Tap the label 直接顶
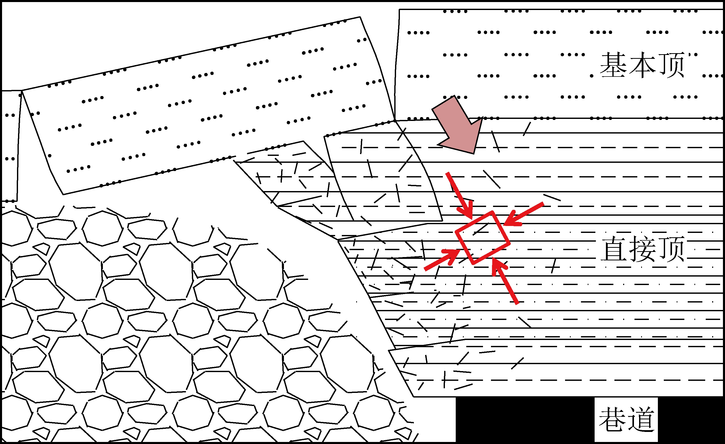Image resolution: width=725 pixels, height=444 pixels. click(x=643, y=249)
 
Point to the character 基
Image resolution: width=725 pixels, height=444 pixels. click(x=613, y=65)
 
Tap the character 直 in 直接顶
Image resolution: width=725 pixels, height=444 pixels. click(x=614, y=249)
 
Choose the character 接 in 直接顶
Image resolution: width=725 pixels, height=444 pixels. click(x=643, y=249)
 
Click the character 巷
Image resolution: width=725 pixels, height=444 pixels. click(x=612, y=419)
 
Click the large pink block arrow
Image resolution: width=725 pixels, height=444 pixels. click(x=458, y=125)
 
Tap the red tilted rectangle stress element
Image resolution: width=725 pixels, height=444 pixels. click(x=482, y=238)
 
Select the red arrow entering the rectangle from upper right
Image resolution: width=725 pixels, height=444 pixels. click(x=523, y=214)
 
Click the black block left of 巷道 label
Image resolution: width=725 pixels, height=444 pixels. click(x=525, y=419)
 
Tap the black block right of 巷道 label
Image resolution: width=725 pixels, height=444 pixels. click(x=691, y=419)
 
